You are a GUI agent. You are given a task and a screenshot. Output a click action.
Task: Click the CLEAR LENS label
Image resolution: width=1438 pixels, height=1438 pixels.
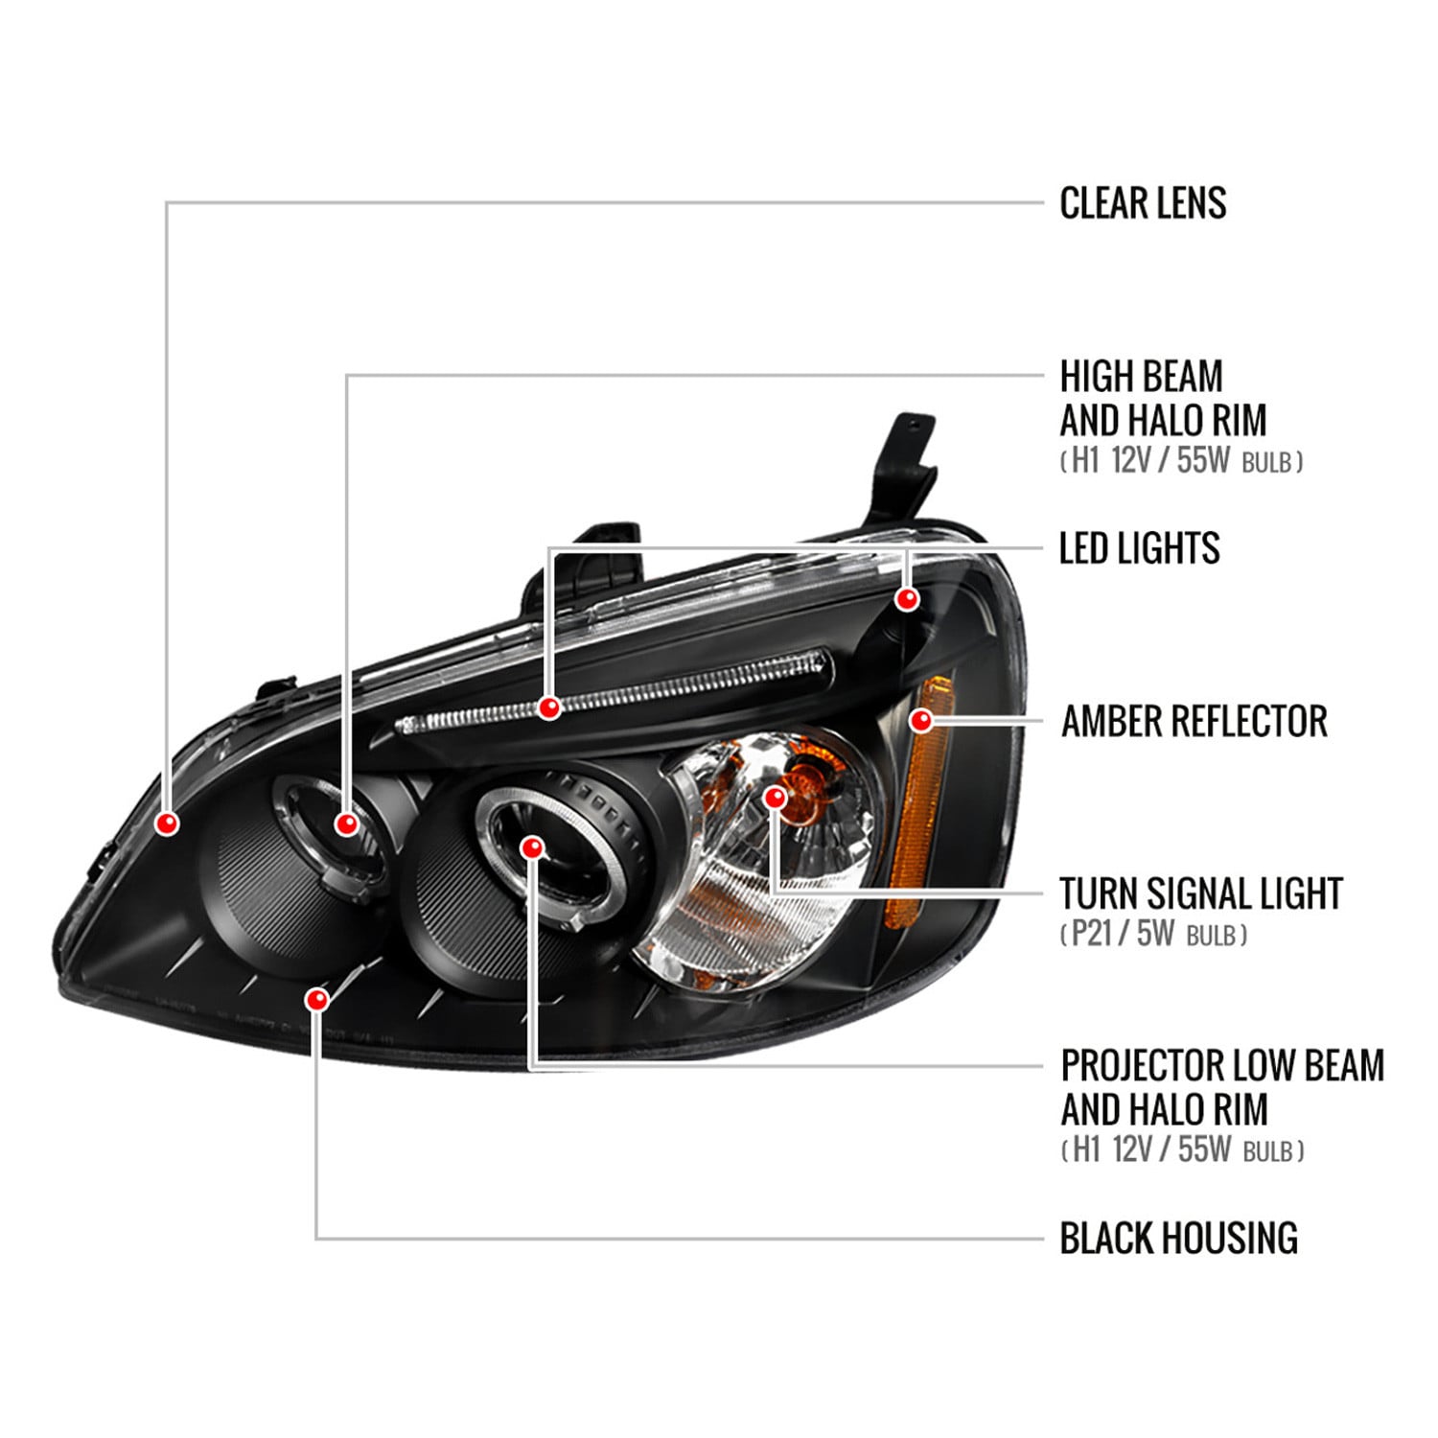click(1143, 203)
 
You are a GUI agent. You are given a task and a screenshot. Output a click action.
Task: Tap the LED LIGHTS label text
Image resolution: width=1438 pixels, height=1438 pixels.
click(1139, 548)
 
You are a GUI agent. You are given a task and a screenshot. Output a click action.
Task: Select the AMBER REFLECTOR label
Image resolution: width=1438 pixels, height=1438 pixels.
click(1194, 721)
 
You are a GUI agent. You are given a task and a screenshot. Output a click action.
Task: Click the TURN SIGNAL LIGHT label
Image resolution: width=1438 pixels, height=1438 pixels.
click(1201, 893)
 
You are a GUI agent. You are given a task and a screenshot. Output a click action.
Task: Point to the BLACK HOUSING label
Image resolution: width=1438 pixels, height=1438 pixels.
click(1178, 1238)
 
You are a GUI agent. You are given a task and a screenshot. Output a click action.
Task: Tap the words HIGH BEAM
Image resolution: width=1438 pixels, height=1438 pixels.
click(1141, 376)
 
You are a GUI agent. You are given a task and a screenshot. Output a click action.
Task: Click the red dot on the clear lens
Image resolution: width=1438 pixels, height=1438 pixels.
click(168, 823)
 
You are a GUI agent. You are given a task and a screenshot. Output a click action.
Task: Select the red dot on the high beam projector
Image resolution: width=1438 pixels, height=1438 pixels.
click(347, 823)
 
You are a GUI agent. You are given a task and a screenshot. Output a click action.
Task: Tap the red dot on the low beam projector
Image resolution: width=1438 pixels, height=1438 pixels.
click(533, 847)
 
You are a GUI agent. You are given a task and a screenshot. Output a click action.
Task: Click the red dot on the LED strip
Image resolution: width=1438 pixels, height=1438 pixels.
click(549, 707)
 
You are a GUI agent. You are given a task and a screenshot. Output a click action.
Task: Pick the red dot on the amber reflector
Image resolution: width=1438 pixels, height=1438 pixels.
click(921, 720)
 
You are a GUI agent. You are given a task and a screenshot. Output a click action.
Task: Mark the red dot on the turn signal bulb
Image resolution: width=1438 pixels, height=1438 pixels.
click(776, 797)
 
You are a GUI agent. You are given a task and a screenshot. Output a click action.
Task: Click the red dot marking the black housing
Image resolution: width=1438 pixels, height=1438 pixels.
click(316, 1000)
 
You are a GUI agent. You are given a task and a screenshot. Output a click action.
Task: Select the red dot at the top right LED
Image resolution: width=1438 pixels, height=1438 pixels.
click(907, 599)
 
